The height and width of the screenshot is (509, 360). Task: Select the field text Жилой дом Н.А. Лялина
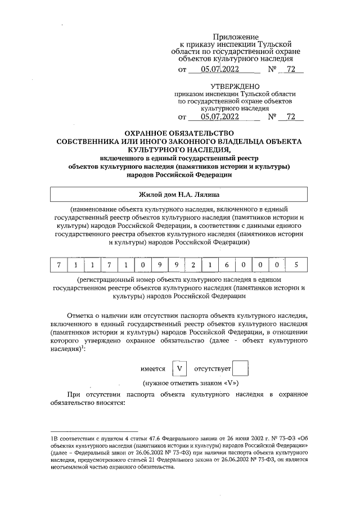[179, 195]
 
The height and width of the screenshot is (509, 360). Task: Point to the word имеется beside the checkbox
[152, 370]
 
